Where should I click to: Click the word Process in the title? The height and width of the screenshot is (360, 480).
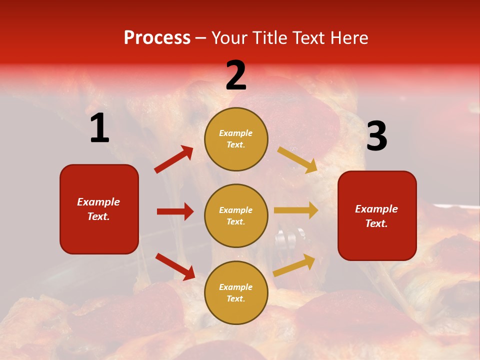(157, 38)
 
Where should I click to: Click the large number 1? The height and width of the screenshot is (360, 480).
(99, 128)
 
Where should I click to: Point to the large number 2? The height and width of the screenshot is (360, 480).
(236, 76)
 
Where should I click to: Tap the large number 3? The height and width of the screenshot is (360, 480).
(376, 136)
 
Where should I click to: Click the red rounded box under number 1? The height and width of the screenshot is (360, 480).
(99, 209)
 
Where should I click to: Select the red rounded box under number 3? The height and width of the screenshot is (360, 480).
(377, 215)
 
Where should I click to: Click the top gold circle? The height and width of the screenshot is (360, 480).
(236, 139)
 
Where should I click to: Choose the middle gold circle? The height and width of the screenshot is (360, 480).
(236, 215)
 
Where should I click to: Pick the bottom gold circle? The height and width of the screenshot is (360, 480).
(236, 292)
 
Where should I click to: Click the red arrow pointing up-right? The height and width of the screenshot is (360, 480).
(174, 159)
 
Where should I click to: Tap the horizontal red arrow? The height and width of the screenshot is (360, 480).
(175, 211)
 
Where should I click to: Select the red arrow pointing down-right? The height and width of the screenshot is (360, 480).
(175, 266)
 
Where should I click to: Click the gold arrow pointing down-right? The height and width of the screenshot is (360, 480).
(297, 159)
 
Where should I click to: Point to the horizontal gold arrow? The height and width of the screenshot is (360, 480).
(296, 210)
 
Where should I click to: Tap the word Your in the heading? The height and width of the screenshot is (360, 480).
(230, 38)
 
